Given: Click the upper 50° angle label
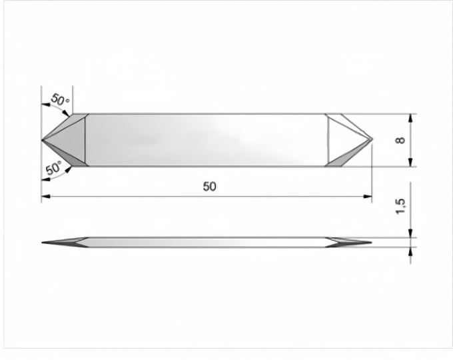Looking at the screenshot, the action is click(60, 100).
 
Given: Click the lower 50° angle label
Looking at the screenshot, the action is click(54, 168).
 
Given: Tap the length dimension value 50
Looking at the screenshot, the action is click(209, 187).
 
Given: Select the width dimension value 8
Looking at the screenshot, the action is click(401, 140).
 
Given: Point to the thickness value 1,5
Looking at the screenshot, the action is click(401, 207).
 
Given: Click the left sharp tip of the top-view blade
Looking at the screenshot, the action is click(42, 140).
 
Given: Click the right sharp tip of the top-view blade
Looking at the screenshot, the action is click(372, 139).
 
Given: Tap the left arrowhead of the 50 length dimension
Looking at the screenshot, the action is click(46, 197).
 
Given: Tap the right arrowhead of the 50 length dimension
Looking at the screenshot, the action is click(368, 197).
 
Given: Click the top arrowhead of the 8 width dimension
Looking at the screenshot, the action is click(411, 118).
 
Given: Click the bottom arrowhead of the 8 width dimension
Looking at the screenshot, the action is click(411, 163).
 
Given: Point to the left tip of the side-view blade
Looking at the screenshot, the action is click(42, 242).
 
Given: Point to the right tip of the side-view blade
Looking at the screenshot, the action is click(371, 242).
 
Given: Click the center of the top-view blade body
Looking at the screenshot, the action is click(207, 140).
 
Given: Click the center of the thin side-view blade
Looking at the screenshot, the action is click(207, 242).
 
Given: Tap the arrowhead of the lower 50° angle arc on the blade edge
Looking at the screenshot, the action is click(68, 169).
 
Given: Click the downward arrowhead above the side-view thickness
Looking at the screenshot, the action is click(411, 233).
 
